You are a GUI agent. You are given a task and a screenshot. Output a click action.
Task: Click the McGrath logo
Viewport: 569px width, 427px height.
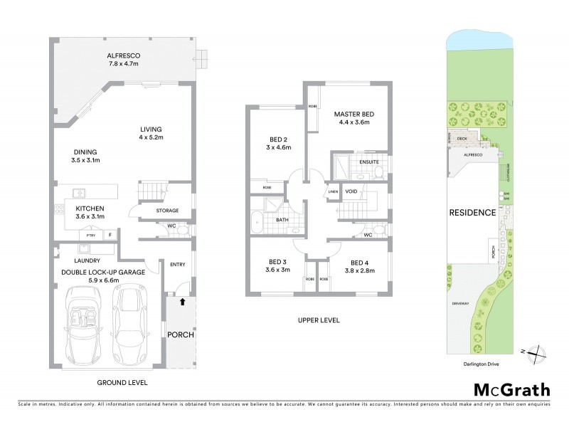coord(511,389)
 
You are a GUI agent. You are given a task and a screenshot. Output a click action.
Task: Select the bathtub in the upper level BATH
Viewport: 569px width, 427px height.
coord(257,222)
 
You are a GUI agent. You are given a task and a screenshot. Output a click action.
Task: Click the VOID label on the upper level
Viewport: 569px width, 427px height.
coord(351,191)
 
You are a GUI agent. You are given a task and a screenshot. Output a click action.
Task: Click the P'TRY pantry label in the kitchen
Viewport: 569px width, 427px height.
coord(90,235)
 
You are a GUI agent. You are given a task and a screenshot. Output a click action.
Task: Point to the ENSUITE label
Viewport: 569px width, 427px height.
coord(368,162)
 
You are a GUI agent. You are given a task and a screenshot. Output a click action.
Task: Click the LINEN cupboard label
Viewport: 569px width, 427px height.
coord(333,192)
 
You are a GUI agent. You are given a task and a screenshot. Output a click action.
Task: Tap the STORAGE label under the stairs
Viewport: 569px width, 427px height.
coord(168,210)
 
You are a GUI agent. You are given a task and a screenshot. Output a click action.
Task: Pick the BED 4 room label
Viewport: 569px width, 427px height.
coord(356,260)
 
